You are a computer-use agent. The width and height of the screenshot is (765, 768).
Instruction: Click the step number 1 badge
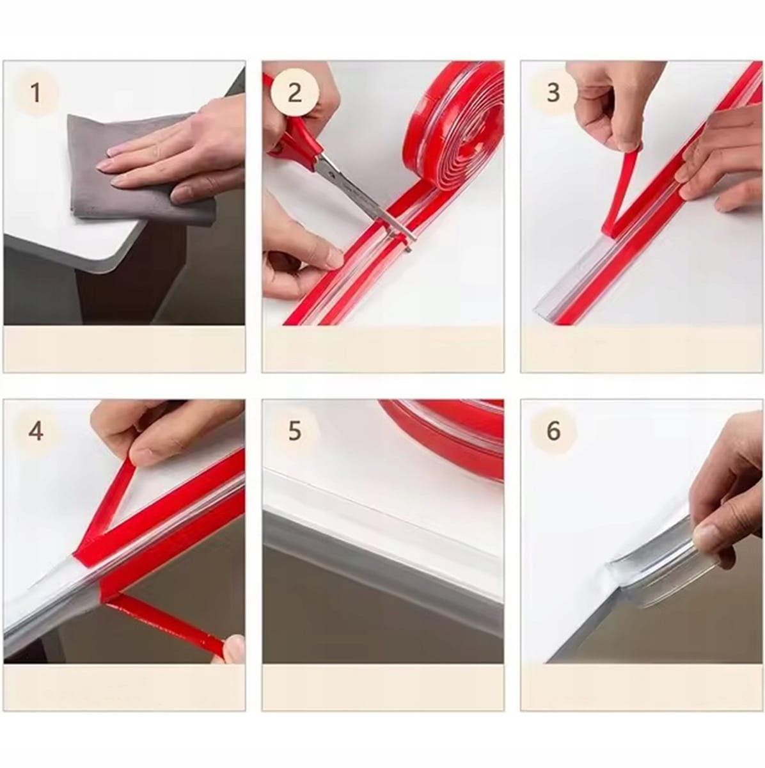pos(36,93)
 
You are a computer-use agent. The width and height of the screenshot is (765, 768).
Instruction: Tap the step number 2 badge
pos(295,93)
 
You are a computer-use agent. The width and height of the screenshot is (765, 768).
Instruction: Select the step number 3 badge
pos(553,93)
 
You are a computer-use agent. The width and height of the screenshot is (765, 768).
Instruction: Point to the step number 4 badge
pos(36,431)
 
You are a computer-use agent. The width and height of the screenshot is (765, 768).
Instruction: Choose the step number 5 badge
pos(295,431)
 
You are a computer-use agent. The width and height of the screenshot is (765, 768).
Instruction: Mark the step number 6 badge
pos(553,431)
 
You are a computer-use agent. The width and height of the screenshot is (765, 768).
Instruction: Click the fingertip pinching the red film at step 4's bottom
pos(234,653)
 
